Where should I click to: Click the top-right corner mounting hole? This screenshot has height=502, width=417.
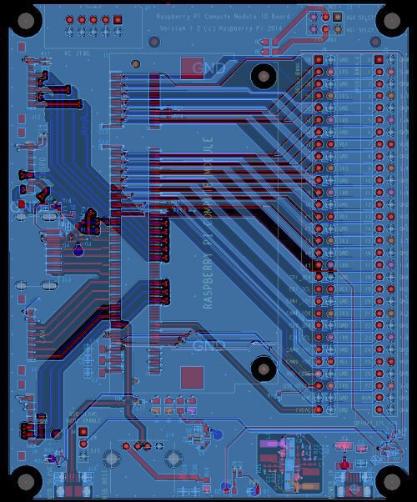tap(390, 22)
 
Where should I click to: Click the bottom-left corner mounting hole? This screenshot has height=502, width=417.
tap(27, 482)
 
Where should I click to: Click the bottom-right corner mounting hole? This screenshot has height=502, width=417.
tap(390, 482)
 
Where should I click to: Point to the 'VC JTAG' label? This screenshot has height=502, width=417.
tap(77, 50)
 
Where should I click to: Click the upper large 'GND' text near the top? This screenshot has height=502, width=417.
tap(208, 67)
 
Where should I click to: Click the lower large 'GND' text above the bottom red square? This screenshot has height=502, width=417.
tap(208, 344)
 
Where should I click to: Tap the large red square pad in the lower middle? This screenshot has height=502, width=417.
tap(192, 377)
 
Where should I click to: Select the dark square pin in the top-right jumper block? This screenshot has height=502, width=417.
tap(337, 17)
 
